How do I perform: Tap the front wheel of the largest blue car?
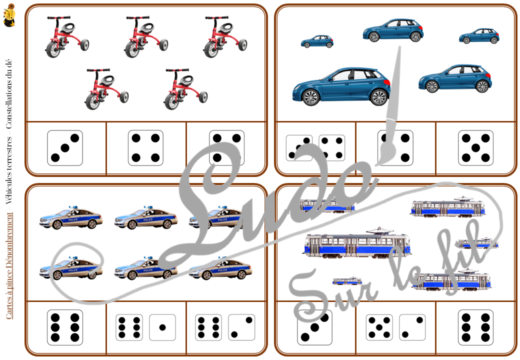point(311,96)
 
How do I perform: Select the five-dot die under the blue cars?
point(475,148)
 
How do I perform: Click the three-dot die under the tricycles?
point(65,148)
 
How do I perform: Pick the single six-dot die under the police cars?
point(65,327)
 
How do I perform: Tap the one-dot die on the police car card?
point(162,327)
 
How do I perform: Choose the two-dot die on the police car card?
point(241,327)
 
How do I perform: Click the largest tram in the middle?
point(356,245)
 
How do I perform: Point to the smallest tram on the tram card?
point(347,280)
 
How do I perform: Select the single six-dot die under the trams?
point(475,327)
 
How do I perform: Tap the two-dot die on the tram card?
point(412,327)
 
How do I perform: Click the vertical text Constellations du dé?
point(9,95)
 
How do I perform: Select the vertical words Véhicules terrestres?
point(9,172)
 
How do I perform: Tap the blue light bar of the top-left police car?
point(73,206)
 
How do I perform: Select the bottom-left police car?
point(71,268)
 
